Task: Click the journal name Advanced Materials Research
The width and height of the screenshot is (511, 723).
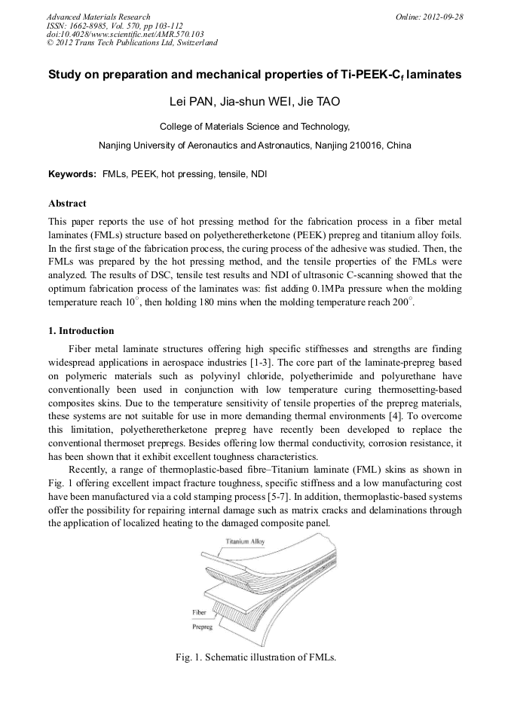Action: tap(98, 17)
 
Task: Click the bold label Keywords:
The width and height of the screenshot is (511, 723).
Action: tap(72, 174)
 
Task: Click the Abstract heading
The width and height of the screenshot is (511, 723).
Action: tap(67, 204)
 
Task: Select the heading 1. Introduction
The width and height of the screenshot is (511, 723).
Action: tap(81, 331)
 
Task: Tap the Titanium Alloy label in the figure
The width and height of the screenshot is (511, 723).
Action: tap(245, 542)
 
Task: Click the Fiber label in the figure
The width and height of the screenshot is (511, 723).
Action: tap(199, 613)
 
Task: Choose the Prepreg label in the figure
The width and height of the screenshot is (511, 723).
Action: tap(202, 626)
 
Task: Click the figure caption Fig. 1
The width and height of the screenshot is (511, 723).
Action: tap(255, 657)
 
